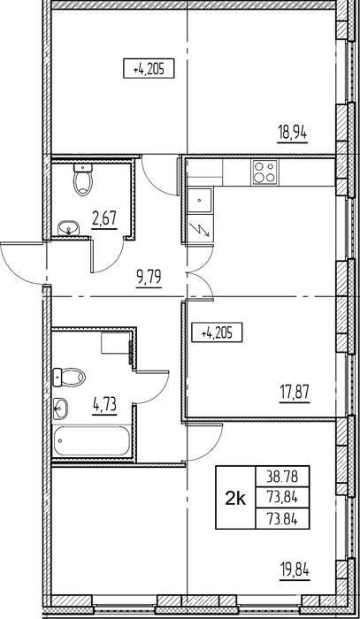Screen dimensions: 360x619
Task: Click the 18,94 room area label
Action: pyautogui.click(x=293, y=134)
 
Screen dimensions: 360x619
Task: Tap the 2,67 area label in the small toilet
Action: pyautogui.click(x=104, y=218)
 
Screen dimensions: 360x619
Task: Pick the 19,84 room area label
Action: pyautogui.click(x=295, y=570)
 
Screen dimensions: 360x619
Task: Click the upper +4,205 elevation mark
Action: pyautogui.click(x=149, y=70)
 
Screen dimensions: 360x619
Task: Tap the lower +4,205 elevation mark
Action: pyautogui.click(x=217, y=333)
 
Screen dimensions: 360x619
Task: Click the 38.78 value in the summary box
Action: pyautogui.click(x=282, y=478)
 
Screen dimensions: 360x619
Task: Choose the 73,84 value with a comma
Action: pyautogui.click(x=282, y=499)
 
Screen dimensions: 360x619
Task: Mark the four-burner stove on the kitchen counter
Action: pyautogui.click(x=264, y=172)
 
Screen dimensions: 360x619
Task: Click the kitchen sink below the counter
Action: pyautogui.click(x=200, y=201)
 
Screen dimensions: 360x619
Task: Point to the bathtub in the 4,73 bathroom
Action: pyautogui.click(x=92, y=440)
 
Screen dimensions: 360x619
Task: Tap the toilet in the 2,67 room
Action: pyautogui.click(x=83, y=180)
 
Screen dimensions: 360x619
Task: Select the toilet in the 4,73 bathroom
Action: pyautogui.click(x=69, y=377)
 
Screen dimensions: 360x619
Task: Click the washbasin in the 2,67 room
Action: pyautogui.click(x=69, y=228)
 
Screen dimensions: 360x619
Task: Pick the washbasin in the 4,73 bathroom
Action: pyautogui.click(x=60, y=409)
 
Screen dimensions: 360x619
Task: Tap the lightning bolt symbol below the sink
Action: pyautogui.click(x=199, y=229)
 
